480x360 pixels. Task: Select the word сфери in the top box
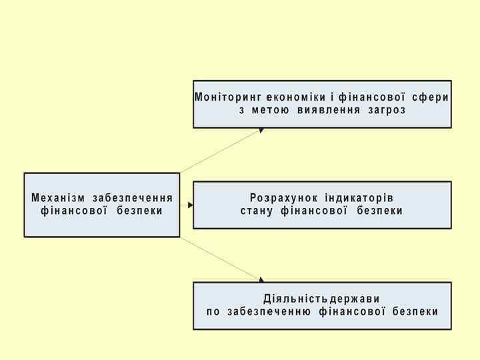(431, 97)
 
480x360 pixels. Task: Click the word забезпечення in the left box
(133, 198)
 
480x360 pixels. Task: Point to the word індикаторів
(359, 198)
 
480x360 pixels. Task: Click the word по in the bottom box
(213, 311)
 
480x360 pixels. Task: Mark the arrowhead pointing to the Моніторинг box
(261, 130)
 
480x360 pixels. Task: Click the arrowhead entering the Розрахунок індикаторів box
(190, 205)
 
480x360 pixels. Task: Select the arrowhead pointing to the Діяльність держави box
(261, 280)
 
